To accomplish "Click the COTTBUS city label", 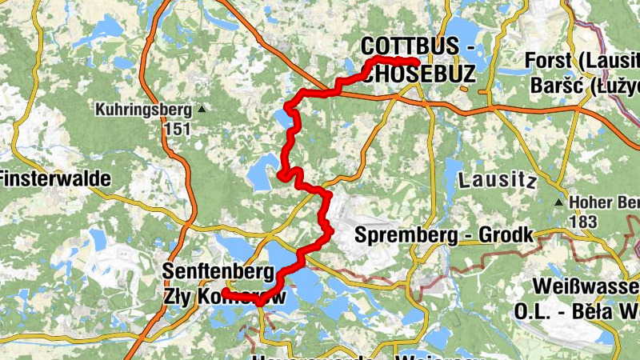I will (407, 47).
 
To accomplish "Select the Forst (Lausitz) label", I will (582, 61).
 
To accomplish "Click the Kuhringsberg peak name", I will (143, 110).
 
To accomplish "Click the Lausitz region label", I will (497, 181).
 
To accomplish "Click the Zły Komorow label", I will (224, 294).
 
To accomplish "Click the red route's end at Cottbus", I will (417, 62).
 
